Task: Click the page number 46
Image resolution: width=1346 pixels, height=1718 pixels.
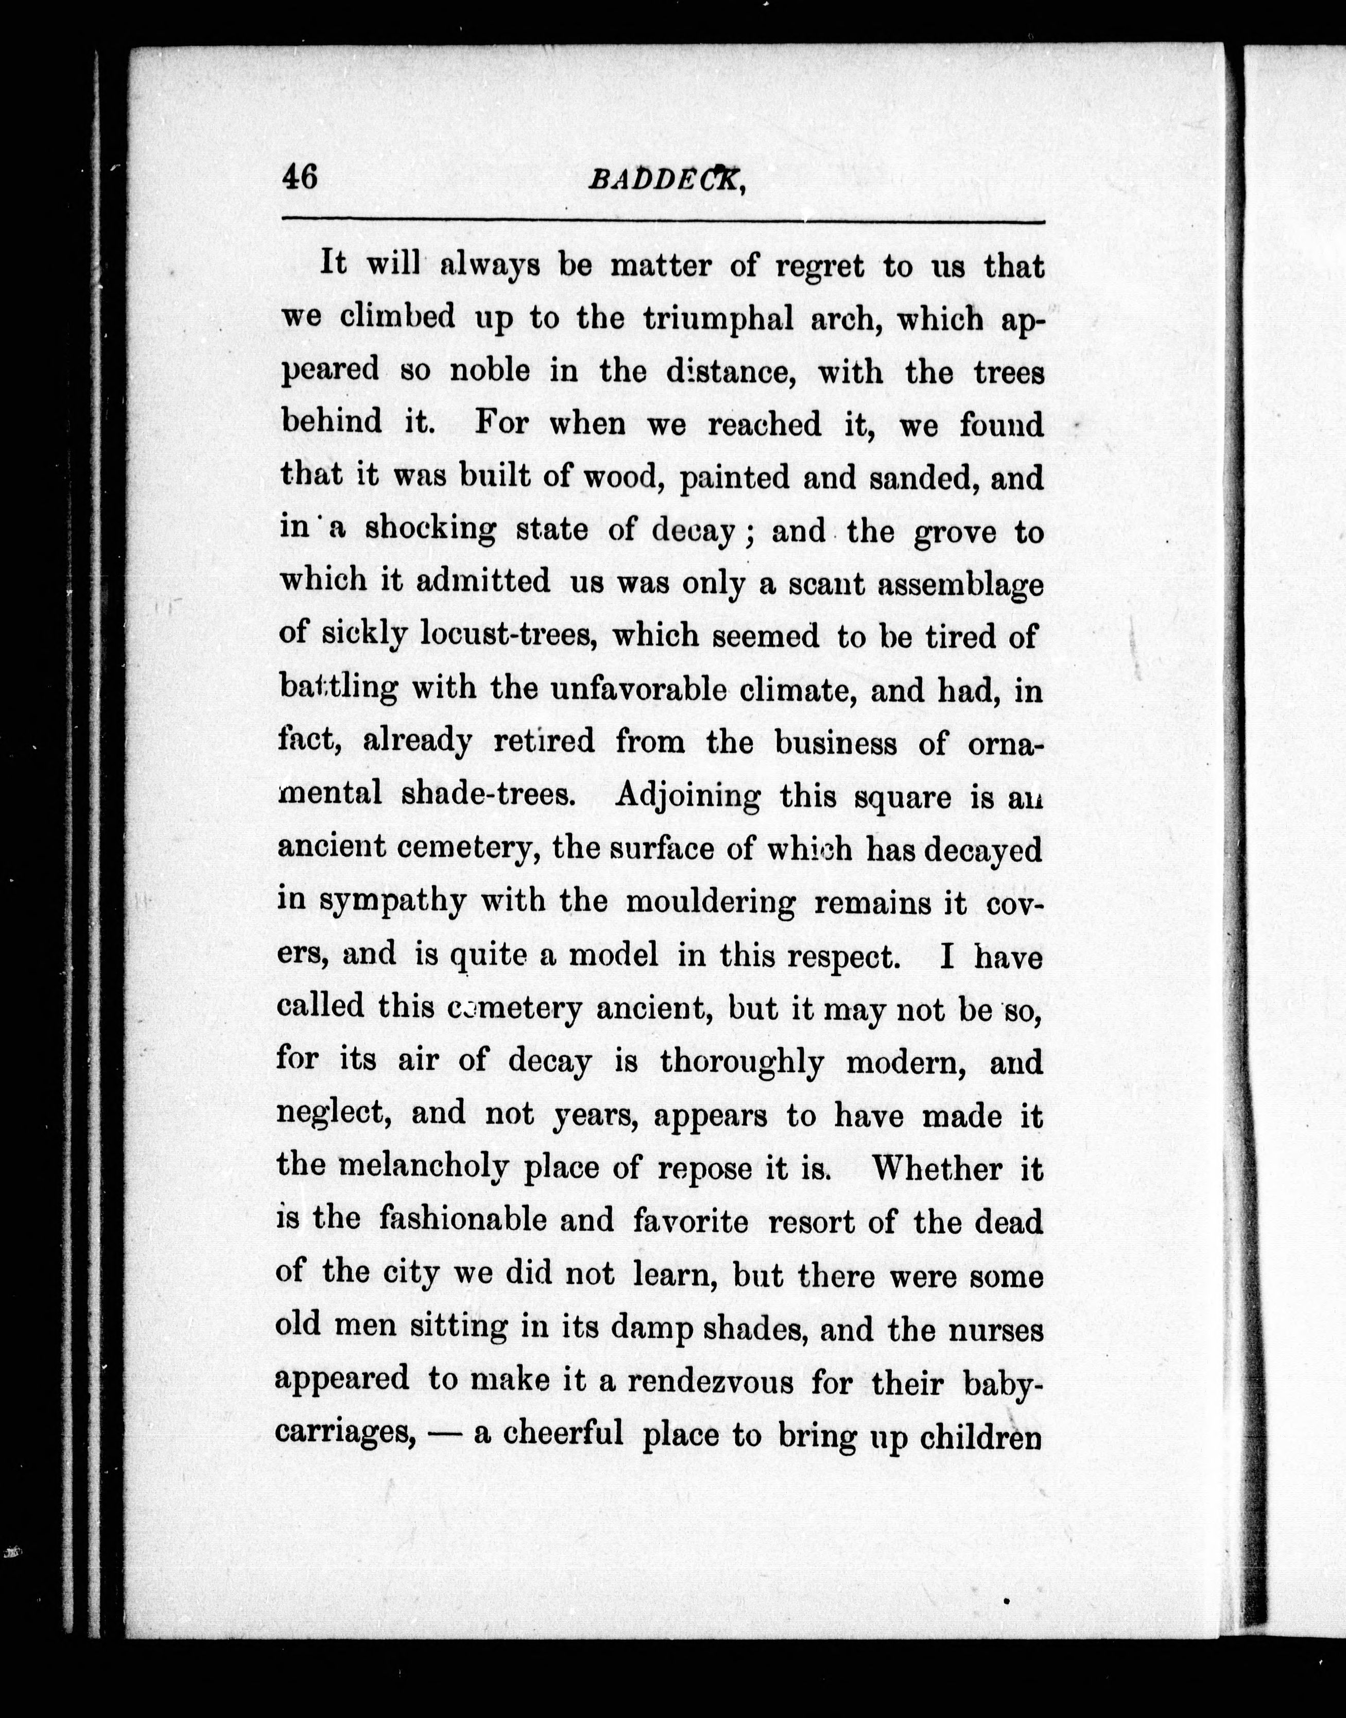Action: [300, 177]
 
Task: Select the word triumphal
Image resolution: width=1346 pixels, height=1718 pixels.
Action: [717, 318]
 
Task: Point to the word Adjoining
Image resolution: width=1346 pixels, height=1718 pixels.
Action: [687, 796]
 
